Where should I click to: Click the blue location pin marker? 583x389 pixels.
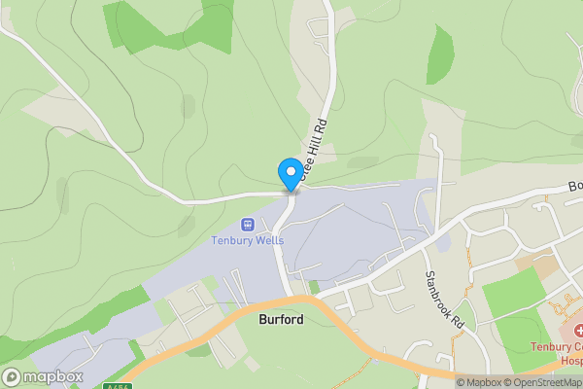(290, 173)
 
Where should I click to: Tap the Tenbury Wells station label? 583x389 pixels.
(247, 241)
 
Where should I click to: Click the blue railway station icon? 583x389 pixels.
(247, 225)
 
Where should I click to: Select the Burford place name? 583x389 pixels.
(281, 319)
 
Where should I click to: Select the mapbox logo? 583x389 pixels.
(43, 376)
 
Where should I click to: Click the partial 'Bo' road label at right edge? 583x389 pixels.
(574, 185)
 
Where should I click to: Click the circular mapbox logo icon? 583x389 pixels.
(12, 376)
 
